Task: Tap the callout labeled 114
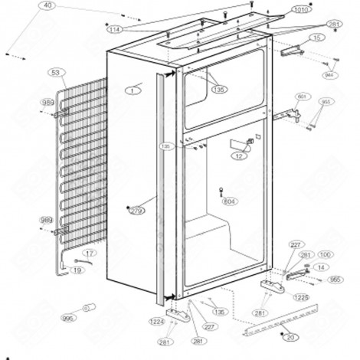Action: tap(115, 29)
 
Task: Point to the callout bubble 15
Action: tap(316, 37)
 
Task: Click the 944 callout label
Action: tap(331, 76)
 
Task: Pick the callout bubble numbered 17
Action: tap(89, 254)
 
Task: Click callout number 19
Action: tap(78, 270)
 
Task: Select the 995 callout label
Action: tap(68, 317)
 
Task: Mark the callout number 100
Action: tap(325, 254)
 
